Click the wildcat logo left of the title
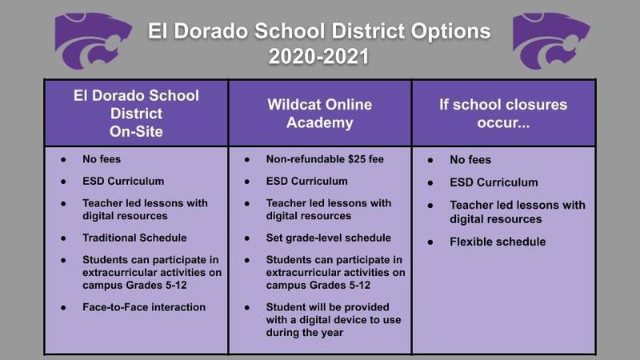93,40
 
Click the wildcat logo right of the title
551,40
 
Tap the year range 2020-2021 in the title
318,56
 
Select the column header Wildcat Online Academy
319,114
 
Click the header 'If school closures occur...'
503,114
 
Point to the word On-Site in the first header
136,131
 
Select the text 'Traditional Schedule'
134,238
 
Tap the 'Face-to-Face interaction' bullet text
144,307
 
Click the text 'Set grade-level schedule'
329,238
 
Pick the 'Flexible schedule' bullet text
498,242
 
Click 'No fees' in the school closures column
470,159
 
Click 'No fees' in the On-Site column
102,159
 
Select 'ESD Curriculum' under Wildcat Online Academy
307,182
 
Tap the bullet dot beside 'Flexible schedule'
430,242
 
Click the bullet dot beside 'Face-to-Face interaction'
63,308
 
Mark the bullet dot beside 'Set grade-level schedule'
247,238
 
